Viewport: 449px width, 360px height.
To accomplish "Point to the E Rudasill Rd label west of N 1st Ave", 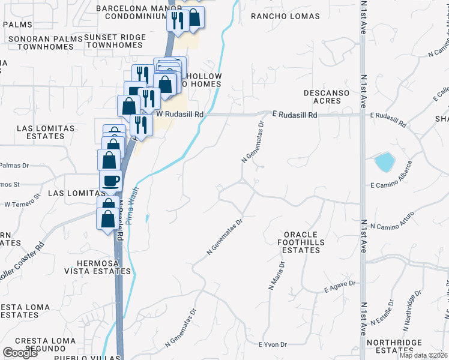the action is (294, 113).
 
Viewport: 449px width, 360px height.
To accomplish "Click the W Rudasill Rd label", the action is (180, 113).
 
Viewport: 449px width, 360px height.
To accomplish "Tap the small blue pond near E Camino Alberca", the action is (384, 161).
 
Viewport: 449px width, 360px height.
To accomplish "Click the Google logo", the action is (20, 353).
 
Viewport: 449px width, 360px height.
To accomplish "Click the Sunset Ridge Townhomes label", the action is (114, 41).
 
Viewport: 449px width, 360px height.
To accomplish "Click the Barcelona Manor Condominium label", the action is (130, 13).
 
